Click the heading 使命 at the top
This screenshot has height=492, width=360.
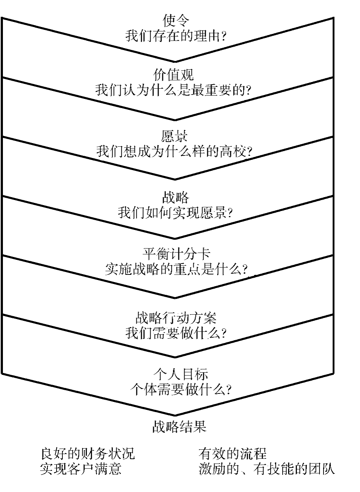point(175,21)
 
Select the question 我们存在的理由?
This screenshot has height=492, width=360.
point(175,36)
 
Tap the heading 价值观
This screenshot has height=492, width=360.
point(174,75)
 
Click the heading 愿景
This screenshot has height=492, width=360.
point(174,136)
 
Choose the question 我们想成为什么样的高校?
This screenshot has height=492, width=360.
point(174,151)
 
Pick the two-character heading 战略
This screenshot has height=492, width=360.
point(175,197)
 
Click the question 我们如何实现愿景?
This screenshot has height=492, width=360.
point(175,212)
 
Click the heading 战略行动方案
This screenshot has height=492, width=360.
point(176,318)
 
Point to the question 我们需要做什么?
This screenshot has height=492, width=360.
point(176,333)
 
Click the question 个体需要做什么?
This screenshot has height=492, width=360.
point(180,389)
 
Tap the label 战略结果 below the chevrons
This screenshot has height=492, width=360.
point(179,426)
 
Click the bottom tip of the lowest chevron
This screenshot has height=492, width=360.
point(175,415)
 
